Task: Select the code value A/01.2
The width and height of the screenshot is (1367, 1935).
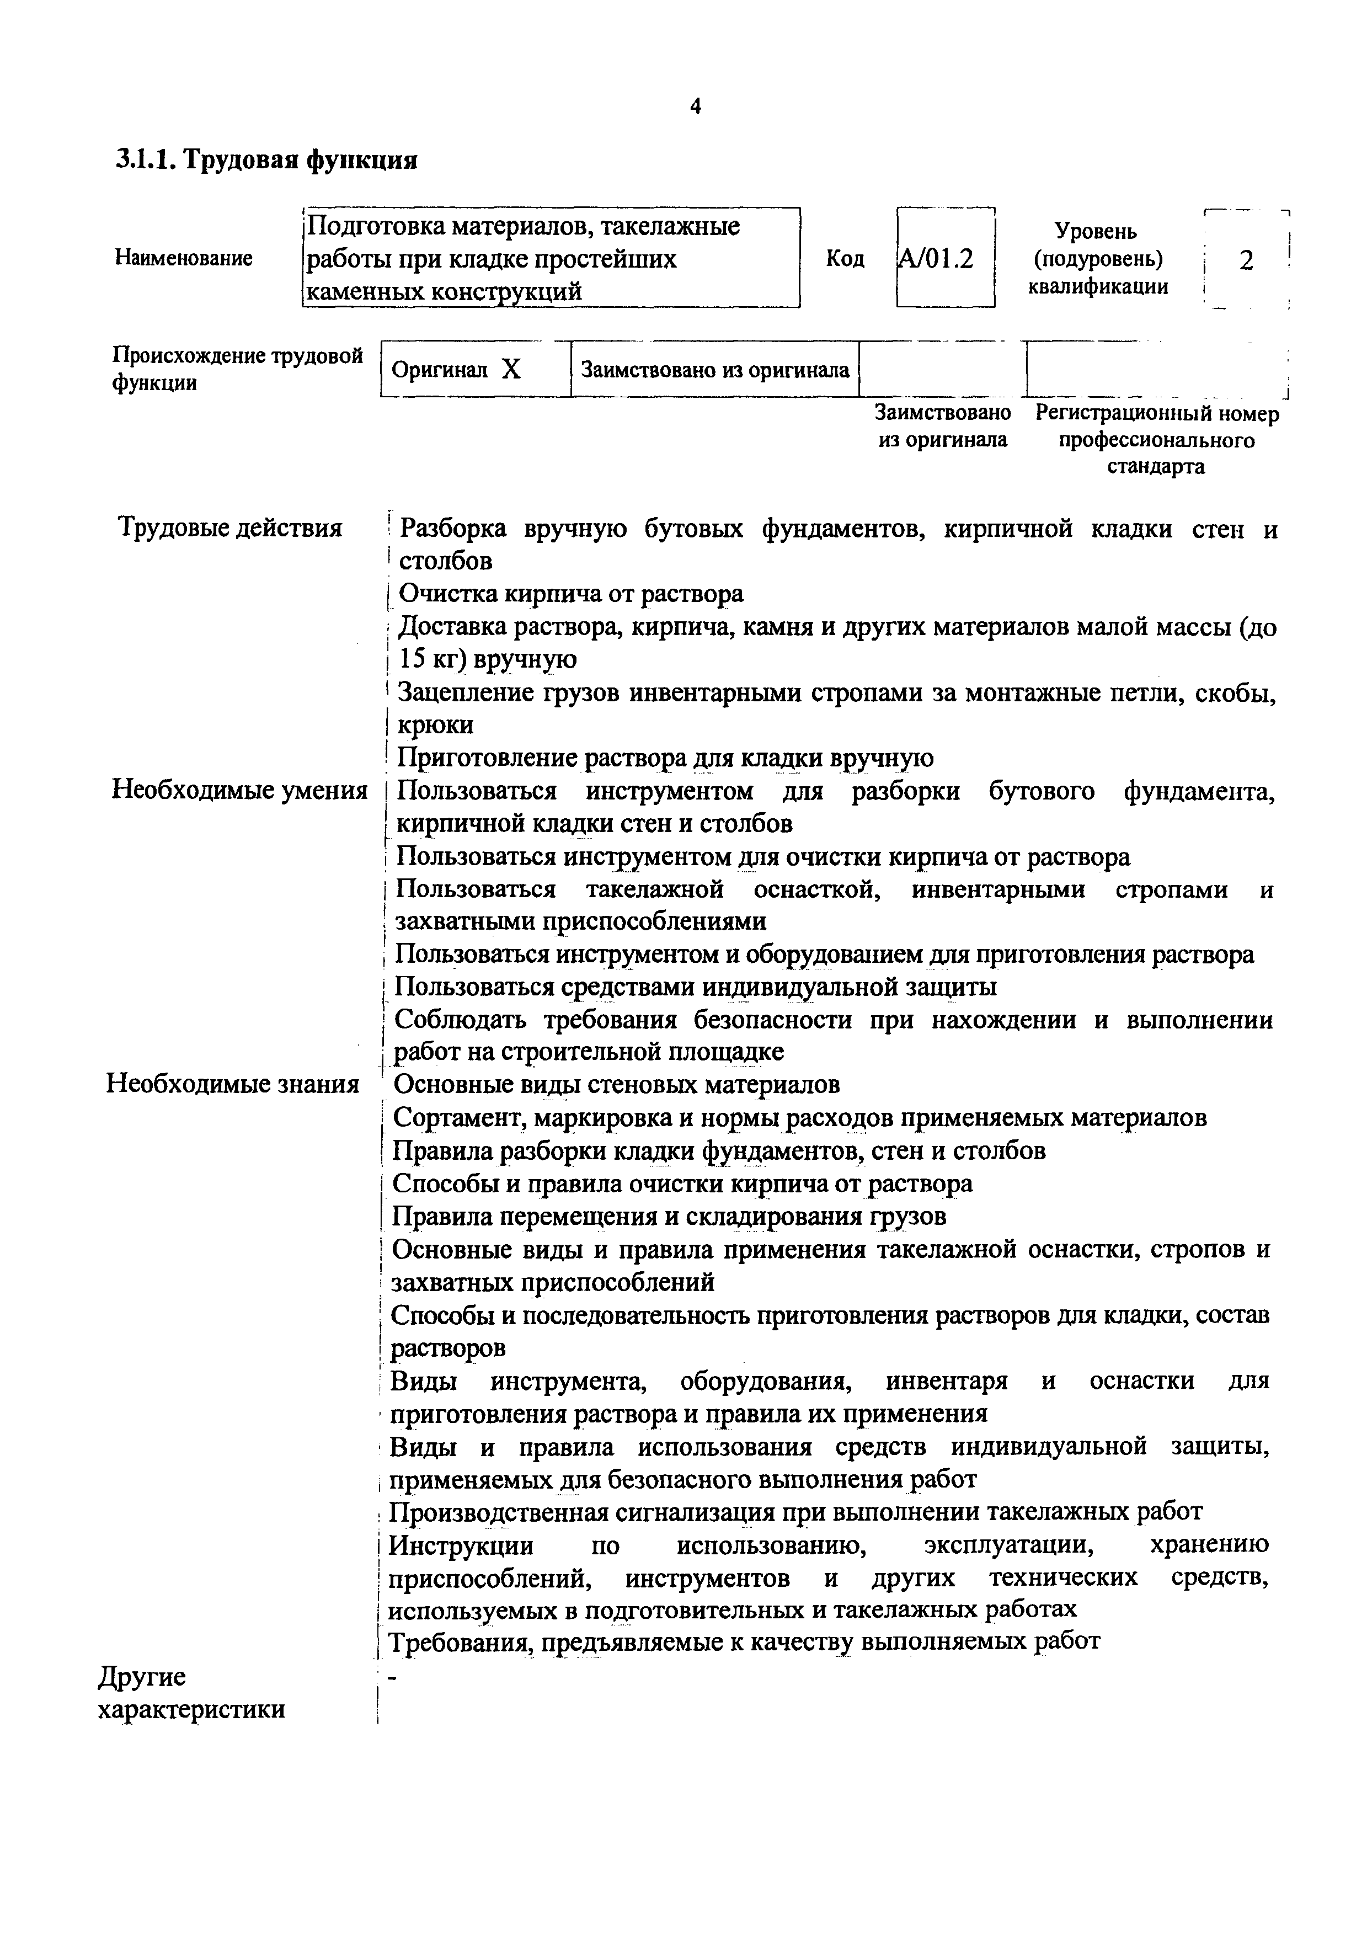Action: (x=936, y=259)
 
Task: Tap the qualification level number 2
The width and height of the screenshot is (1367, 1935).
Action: (x=1246, y=260)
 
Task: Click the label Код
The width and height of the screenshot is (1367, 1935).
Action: (x=845, y=259)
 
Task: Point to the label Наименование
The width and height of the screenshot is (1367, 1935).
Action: (x=184, y=258)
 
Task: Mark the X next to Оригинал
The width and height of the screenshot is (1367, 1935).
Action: (x=511, y=369)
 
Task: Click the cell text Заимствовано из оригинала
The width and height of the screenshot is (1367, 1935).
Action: (x=715, y=369)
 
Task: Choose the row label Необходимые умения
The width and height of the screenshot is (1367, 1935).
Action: (x=239, y=791)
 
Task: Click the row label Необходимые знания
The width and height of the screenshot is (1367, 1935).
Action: (x=233, y=1084)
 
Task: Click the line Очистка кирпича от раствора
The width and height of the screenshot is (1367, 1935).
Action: (x=570, y=594)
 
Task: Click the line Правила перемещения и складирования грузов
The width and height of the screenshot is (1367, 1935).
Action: (x=669, y=1216)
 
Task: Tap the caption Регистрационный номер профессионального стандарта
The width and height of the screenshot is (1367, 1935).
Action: (x=1156, y=440)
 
